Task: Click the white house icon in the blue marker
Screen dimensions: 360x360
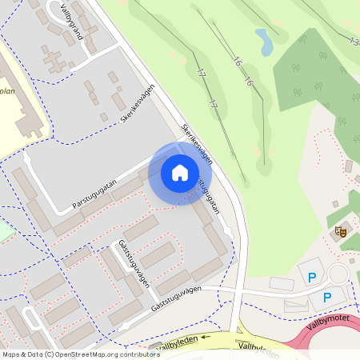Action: click(180, 173)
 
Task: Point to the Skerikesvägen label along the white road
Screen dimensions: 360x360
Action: click(197, 145)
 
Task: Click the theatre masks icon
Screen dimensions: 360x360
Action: click(340, 232)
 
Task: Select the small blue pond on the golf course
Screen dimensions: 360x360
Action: click(264, 38)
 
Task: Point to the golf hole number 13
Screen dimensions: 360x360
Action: click(354, 41)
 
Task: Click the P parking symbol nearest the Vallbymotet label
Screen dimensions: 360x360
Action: click(326, 298)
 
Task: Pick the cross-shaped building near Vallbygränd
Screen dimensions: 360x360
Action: click(55, 60)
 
